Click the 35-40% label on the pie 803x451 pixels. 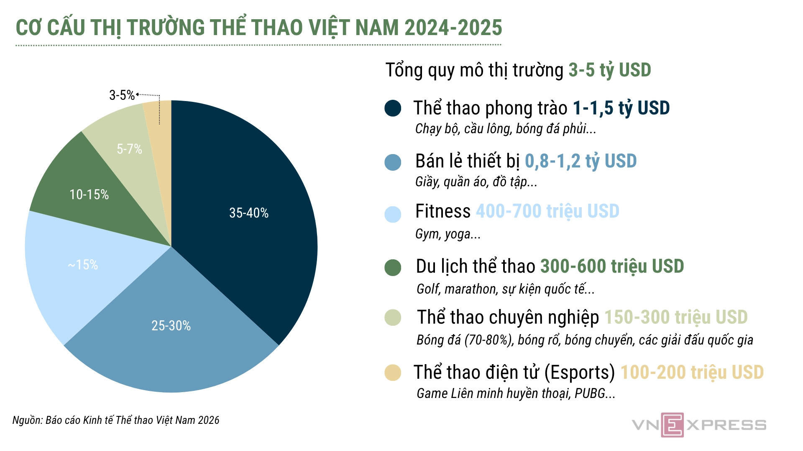[249, 213]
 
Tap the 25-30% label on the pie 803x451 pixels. [171, 326]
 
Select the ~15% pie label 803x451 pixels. [83, 265]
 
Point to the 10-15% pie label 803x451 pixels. [89, 195]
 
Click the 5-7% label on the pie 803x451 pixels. [129, 149]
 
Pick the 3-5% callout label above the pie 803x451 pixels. [122, 95]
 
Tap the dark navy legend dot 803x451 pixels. [393, 108]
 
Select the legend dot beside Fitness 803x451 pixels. [393, 214]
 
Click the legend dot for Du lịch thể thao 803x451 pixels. [393, 268]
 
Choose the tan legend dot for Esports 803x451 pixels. [393, 372]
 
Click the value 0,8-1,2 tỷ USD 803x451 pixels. [581, 161]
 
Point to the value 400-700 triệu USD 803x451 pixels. [547, 211]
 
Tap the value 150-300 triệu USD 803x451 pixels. [676, 317]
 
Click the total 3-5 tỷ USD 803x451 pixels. [609, 70]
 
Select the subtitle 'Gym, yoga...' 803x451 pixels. [448, 234]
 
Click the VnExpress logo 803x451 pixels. [699, 425]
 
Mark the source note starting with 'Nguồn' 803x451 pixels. [116, 420]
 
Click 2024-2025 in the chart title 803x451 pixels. [453, 28]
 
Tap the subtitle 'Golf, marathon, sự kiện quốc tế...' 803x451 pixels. [505, 289]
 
